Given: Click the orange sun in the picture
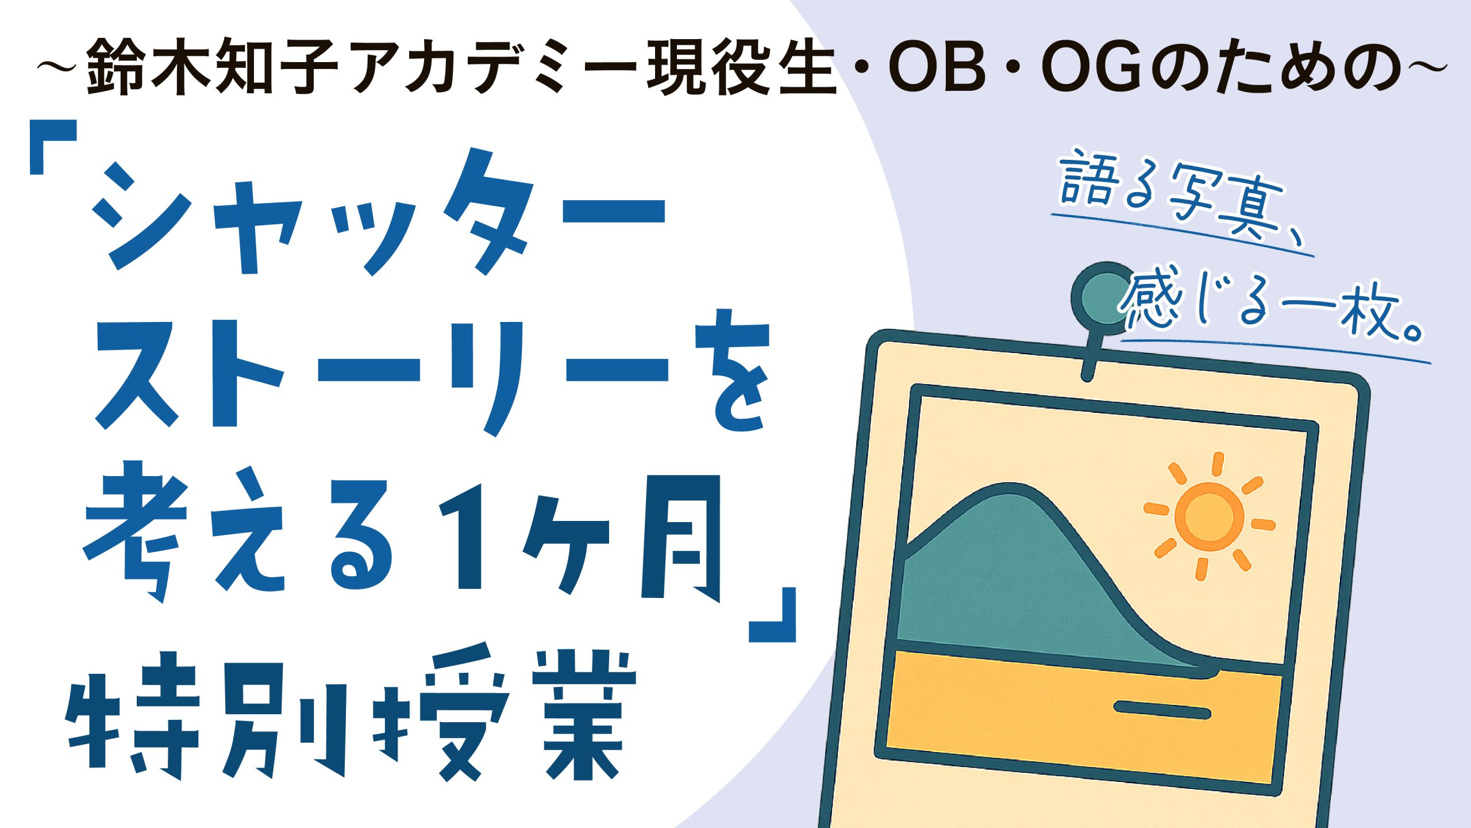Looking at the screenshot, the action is click(1209, 515).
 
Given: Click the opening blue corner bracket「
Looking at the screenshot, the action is click(53, 147).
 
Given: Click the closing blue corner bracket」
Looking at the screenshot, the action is click(772, 615).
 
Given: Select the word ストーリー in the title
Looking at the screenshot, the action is click(382, 377).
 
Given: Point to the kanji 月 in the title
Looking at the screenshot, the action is click(681, 538).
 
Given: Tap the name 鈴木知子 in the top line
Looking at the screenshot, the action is click(213, 66).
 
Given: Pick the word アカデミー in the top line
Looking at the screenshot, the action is click(494, 67).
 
